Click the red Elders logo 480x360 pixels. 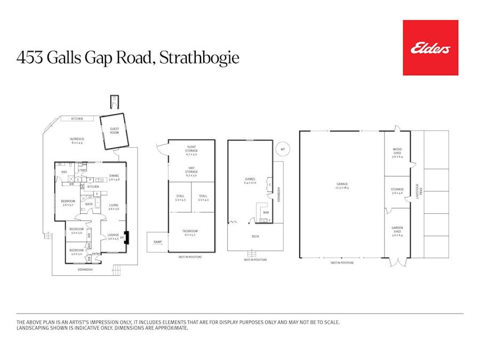tap(430, 48)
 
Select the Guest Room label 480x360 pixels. tap(115, 131)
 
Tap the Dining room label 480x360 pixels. tap(114, 177)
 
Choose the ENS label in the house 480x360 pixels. tap(64, 172)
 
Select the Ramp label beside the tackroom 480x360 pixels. tap(157, 242)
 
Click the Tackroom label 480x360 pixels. tap(191, 233)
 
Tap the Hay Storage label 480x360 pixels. tap(191, 170)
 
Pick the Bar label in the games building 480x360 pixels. tap(266, 212)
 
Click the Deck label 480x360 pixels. tap(254, 235)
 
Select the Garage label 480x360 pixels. tap(341, 186)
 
